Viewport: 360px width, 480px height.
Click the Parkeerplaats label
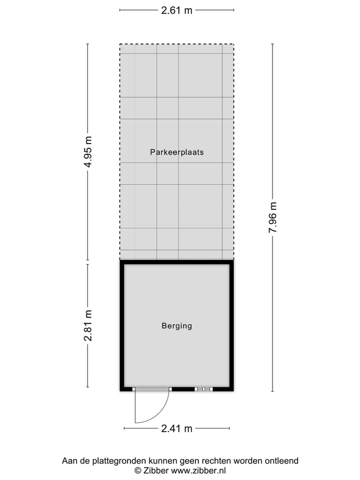[176, 152]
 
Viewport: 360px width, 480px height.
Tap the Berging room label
[176, 326]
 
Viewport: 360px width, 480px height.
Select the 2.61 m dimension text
[176, 9]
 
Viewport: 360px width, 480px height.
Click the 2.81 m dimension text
[88, 325]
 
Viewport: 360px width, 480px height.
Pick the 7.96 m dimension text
[272, 217]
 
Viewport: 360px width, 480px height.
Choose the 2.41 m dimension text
[176, 428]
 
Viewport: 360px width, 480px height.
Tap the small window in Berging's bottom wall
[203, 389]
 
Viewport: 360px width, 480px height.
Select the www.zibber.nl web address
[198, 470]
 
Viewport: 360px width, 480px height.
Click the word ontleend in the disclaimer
[281, 461]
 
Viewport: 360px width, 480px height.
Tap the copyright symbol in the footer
[137, 470]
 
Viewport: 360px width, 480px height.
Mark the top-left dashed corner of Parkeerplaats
[120, 44]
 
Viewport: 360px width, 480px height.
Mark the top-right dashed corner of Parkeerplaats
[233, 44]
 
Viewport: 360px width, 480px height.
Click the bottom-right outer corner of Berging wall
[233, 390]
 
